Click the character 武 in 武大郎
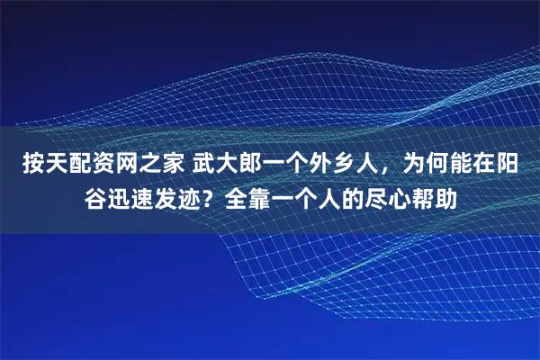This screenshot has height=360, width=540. click(x=203, y=164)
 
